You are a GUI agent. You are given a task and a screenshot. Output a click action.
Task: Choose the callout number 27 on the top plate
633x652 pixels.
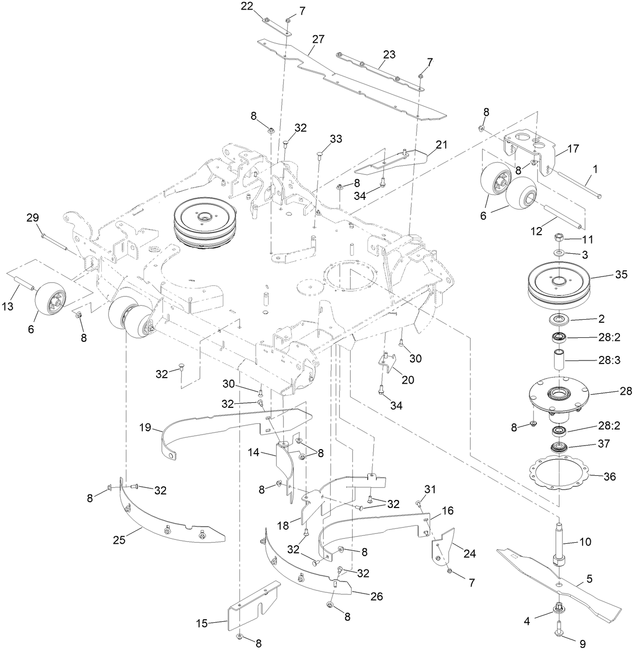(x=318, y=39)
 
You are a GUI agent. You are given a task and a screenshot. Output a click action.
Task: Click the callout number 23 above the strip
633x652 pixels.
(x=389, y=54)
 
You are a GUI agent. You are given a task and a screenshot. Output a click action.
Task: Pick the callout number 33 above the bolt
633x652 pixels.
(x=336, y=138)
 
